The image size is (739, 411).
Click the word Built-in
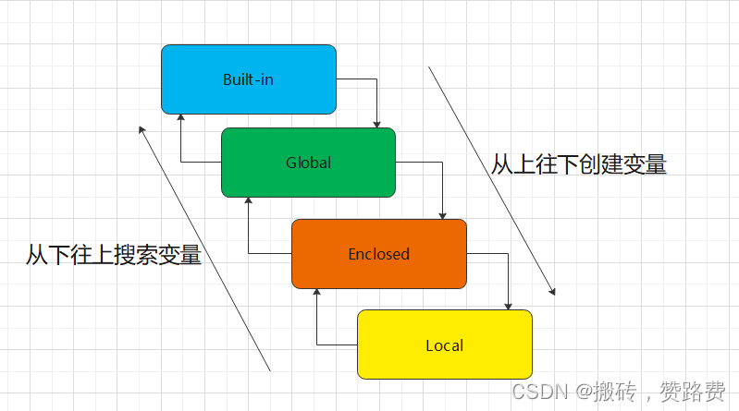tap(248, 79)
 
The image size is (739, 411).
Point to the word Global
tap(308, 163)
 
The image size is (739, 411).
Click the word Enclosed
tap(378, 254)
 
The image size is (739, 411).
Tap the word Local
tap(444, 345)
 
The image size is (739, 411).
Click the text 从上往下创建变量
tap(578, 164)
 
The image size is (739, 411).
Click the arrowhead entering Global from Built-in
tap(377, 124)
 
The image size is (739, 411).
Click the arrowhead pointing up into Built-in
tap(180, 118)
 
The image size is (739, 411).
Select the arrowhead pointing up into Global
tap(248, 201)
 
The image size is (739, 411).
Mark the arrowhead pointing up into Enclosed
tap(316, 293)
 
